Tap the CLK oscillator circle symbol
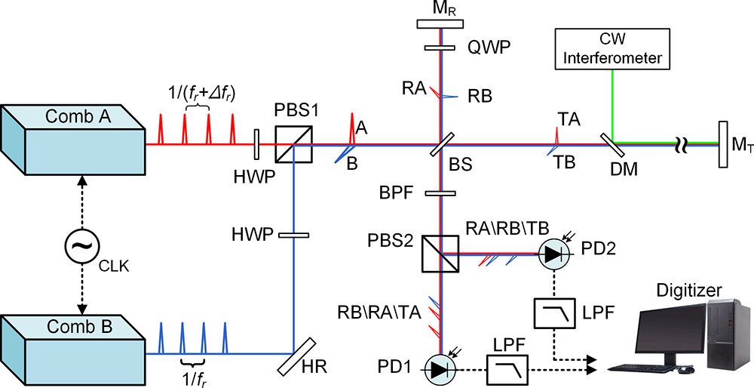tap(79, 247)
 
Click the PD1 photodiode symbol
tap(440, 368)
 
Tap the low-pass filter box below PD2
tap(553, 312)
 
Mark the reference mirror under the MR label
tap(440, 23)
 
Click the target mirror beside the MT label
tap(722, 143)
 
